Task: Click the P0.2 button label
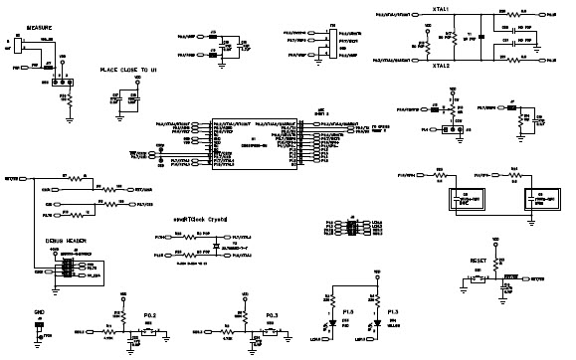pos(150,316)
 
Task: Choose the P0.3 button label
pos(276,316)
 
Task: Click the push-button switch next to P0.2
pos(148,333)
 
